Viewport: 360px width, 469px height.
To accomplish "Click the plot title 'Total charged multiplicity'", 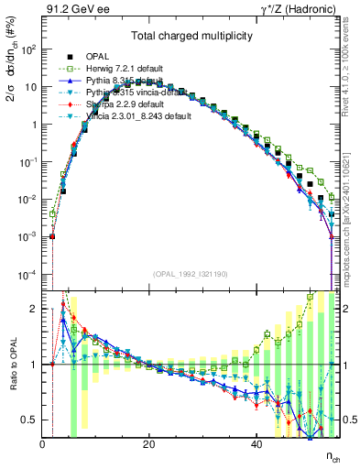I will tap(189, 34).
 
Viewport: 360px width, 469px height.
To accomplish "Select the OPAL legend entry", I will tap(99, 55).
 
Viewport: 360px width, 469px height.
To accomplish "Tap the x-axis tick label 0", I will tap(42, 446).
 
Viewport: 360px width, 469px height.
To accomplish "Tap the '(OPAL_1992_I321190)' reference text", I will tap(189, 274).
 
